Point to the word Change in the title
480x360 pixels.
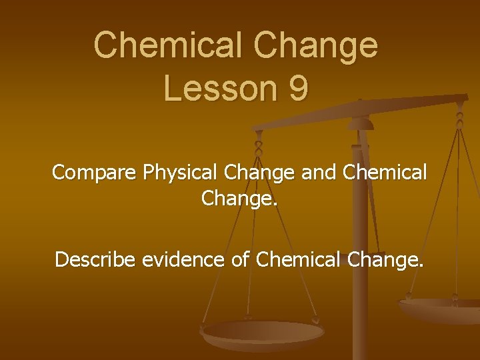(322, 45)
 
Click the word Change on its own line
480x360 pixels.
(238, 199)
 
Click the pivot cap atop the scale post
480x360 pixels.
(361, 123)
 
